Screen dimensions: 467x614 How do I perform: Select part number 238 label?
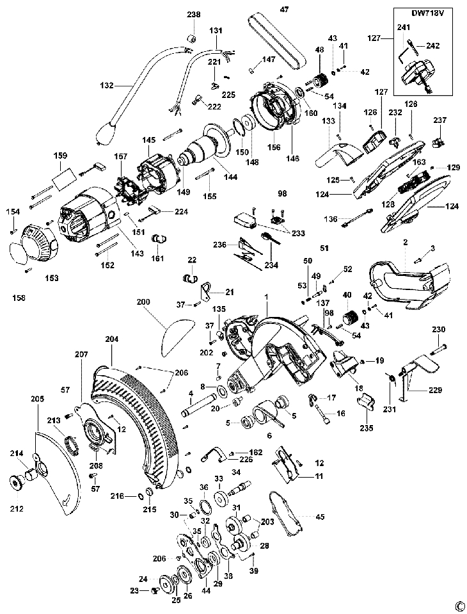[x=194, y=15]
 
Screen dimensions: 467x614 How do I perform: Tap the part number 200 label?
[x=143, y=302]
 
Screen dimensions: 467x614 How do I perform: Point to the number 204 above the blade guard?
[x=111, y=339]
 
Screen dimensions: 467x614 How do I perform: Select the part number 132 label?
[x=106, y=85]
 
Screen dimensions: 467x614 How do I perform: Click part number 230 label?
[x=438, y=330]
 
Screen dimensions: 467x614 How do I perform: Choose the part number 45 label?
[x=320, y=517]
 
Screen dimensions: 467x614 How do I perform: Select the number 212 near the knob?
[x=17, y=508]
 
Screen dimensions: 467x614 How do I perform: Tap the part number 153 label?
[x=52, y=278]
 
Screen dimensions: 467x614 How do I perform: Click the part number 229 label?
[x=434, y=390]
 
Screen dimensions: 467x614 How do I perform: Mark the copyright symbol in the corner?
[x=459, y=606]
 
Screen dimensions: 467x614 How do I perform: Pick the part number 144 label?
[x=230, y=177]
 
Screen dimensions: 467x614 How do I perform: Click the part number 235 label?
[x=367, y=428]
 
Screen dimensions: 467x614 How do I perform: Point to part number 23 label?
[x=134, y=591]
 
